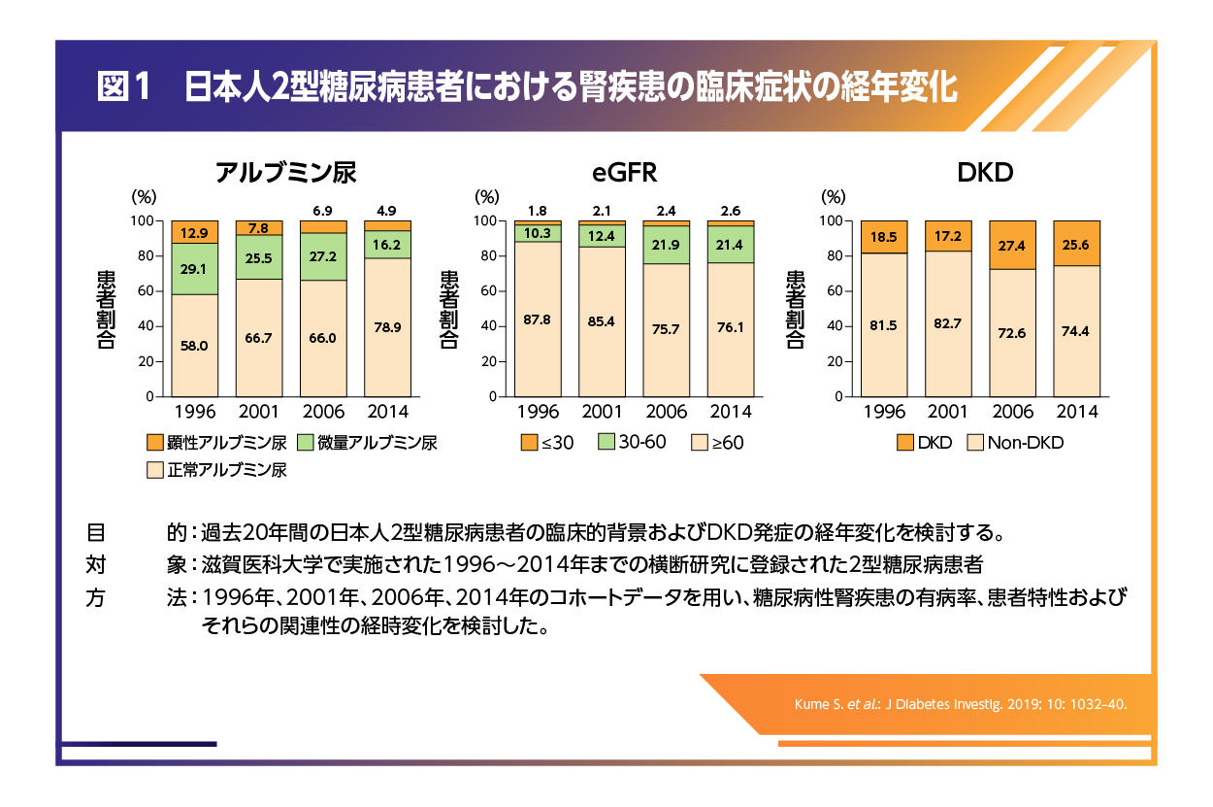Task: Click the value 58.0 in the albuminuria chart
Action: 194,346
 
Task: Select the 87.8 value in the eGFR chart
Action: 537,319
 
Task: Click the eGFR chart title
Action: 625,173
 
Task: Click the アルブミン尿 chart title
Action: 285,173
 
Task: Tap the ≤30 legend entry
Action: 548,443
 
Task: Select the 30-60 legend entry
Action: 632,442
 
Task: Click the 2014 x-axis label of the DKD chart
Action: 1077,412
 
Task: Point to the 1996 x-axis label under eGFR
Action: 537,412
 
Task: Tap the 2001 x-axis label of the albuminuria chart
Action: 259,412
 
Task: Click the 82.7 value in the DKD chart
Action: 946,322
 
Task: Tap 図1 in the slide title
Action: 126,88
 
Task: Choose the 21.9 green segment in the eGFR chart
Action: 666,244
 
